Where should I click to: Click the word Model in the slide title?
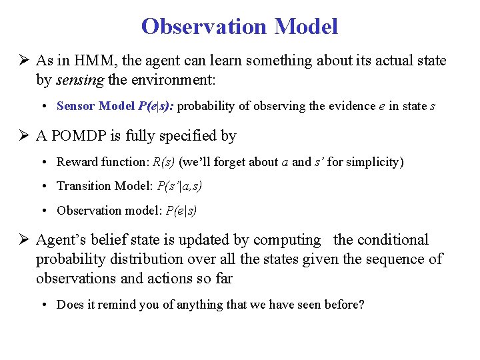pyautogui.click(x=306, y=27)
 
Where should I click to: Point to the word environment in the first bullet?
pyautogui.click(x=175, y=79)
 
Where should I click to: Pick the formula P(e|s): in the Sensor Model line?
pyautogui.click(x=155, y=106)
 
